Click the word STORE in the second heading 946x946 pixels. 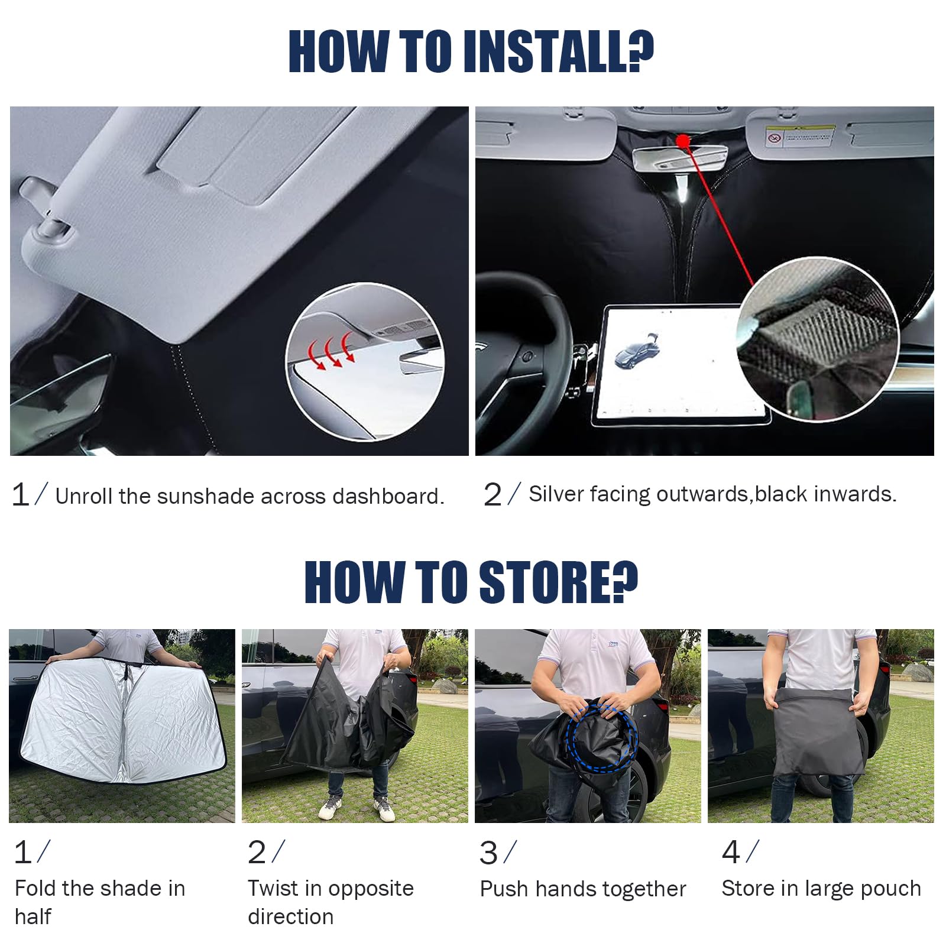pos(559,582)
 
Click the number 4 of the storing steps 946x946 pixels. pos(731,853)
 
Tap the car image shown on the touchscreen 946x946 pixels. pos(636,352)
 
